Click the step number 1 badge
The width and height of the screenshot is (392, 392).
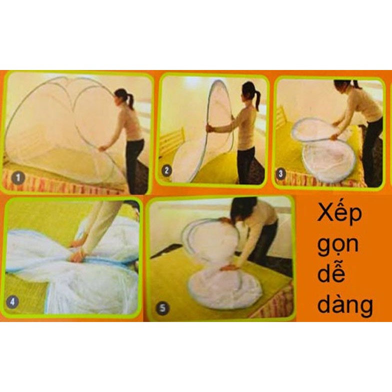pos(18,178)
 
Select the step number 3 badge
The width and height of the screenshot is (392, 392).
pos(281,173)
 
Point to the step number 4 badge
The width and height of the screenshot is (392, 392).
pos(12,302)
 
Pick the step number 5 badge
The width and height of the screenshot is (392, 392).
pos(162,308)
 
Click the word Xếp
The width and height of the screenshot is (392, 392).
pos(339,213)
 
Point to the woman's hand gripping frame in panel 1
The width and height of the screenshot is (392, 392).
pos(102,148)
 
